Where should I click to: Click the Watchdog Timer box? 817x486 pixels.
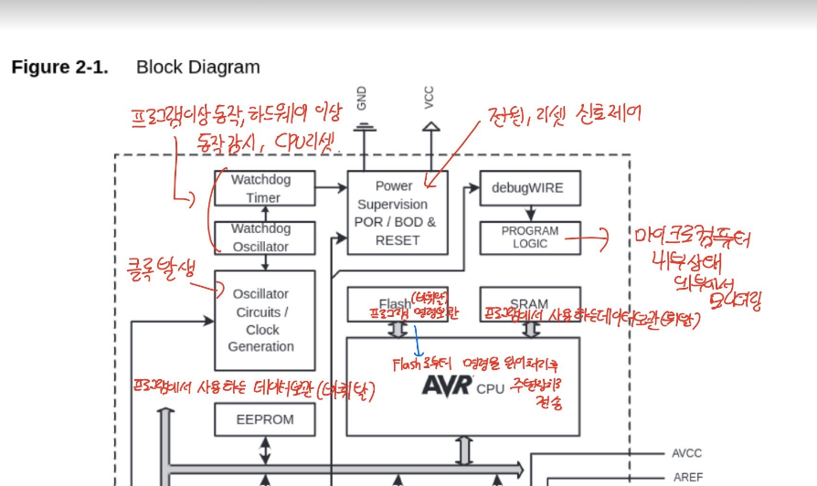point(263,188)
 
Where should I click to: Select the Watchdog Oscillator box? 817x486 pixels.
point(263,238)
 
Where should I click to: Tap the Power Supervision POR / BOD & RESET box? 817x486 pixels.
point(397,212)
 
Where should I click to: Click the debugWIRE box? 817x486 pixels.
point(529,188)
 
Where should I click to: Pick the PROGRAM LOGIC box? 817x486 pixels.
point(529,238)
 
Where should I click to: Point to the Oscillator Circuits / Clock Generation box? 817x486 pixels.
point(263,320)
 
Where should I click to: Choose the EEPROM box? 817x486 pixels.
point(265,419)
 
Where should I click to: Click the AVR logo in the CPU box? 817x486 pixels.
point(446,386)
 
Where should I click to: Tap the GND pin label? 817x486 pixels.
point(363,97)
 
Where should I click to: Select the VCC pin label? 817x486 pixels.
point(429,97)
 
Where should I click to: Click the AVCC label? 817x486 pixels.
point(687,453)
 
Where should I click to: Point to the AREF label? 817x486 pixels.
point(687,477)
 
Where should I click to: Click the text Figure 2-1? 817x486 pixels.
point(59,68)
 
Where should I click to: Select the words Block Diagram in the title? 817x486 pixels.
point(197,68)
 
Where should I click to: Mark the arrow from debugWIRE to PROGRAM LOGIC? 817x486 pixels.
point(530,213)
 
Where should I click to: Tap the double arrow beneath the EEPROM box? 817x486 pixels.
point(265,449)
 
